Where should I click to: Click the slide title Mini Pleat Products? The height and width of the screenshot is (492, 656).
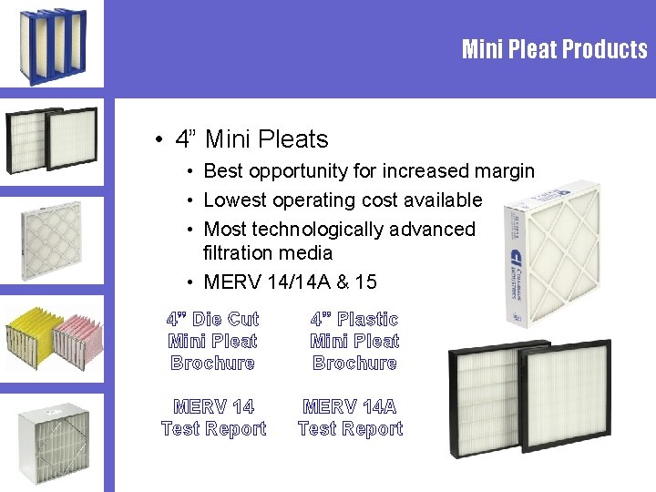[554, 48]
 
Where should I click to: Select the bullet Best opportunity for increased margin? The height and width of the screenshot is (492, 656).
[368, 170]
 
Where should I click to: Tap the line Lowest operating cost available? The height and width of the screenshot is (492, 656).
[342, 200]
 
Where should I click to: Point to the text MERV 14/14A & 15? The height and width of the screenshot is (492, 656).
[290, 282]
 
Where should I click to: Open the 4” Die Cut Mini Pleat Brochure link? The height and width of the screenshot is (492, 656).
[213, 341]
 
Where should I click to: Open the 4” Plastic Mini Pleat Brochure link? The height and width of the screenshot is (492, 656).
[354, 341]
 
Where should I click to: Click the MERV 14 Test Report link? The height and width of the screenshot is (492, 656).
[213, 417]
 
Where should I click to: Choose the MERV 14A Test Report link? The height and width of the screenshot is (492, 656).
[350, 417]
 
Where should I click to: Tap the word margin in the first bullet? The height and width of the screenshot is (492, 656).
[503, 170]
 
